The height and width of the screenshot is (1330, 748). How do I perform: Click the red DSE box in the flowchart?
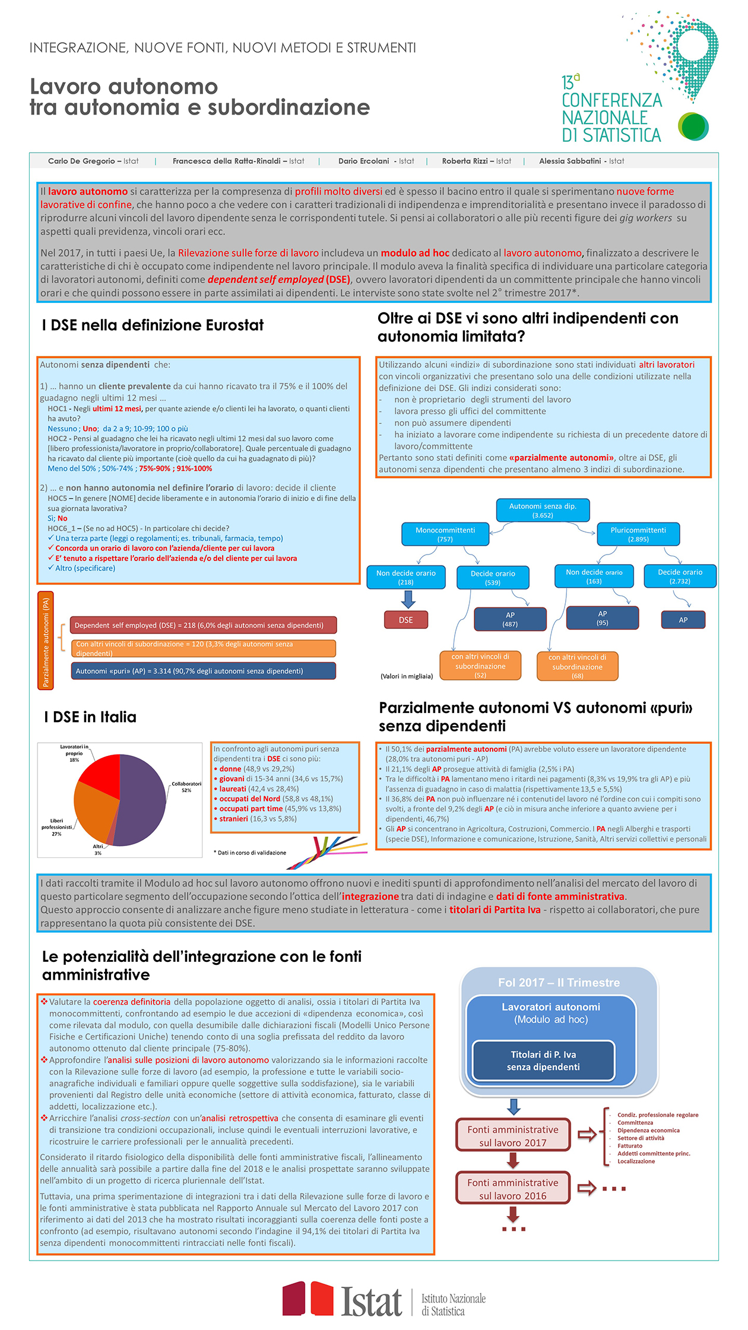point(405,620)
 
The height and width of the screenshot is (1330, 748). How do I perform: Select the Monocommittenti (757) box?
point(445,534)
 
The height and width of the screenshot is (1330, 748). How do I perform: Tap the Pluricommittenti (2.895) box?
point(638,534)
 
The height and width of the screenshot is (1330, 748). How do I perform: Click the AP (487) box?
point(510,619)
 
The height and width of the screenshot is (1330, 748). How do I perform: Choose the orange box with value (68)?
point(577,666)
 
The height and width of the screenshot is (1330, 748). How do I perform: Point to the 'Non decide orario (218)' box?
point(406,578)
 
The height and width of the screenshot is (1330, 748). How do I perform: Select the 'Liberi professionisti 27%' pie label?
point(56,827)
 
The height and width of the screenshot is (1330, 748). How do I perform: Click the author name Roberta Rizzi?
point(465,161)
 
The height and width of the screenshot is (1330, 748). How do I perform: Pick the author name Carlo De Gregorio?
point(81,161)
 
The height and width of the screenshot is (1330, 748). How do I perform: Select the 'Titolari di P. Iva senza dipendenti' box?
point(543,1060)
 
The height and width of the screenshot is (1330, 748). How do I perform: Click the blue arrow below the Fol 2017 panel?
point(514,1106)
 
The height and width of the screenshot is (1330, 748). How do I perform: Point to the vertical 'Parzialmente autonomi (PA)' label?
point(46,641)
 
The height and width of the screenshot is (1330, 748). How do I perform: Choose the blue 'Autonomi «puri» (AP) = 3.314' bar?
point(203,671)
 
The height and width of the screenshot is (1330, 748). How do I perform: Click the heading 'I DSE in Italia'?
point(90,717)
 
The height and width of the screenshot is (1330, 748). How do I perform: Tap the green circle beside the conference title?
point(693,126)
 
